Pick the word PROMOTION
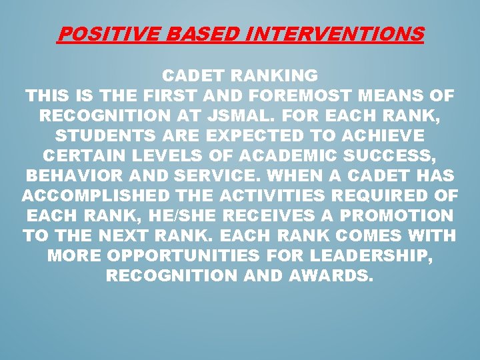coord(403,217)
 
